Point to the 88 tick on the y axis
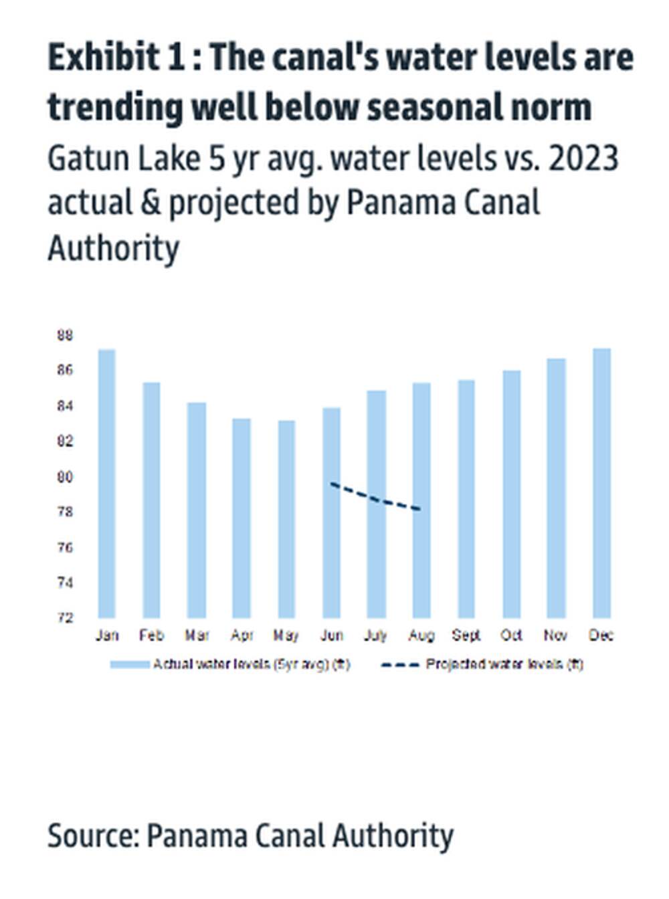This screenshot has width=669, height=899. [65, 335]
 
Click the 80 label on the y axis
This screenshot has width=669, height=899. [65, 477]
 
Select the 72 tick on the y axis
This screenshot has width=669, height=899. [65, 617]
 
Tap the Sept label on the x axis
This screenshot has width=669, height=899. [466, 635]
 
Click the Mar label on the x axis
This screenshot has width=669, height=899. [197, 635]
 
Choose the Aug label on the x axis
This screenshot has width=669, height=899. [421, 635]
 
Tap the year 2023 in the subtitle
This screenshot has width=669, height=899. [581, 159]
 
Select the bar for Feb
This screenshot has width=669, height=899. [151, 500]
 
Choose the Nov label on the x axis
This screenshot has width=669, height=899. [556, 635]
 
